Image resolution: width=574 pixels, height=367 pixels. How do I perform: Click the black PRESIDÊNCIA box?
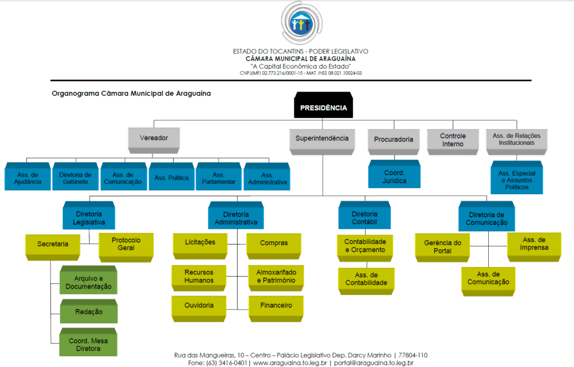point(323,108)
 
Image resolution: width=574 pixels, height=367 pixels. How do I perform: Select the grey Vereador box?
point(154,138)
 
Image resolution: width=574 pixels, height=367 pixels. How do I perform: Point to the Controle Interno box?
point(452,140)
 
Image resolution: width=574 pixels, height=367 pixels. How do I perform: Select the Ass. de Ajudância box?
point(27,178)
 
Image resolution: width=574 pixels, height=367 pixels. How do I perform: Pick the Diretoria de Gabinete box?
point(75,178)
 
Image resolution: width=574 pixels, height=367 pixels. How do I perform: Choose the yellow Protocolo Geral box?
point(126,244)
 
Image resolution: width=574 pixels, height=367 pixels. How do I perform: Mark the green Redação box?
point(89,312)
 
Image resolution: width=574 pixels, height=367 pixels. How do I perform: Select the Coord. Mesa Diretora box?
point(89,344)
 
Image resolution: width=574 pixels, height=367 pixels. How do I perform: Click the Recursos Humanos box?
point(199,276)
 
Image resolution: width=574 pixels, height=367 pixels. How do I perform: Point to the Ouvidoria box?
point(199,306)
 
